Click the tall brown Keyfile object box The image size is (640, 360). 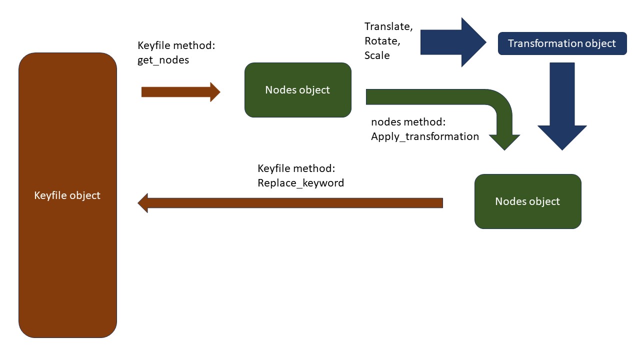(67, 195)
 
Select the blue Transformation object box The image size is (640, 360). (562, 43)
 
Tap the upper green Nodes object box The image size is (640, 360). (298, 90)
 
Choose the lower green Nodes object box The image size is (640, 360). (528, 201)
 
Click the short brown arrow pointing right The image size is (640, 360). (181, 92)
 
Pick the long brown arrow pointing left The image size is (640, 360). (290, 203)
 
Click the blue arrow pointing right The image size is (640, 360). (453, 42)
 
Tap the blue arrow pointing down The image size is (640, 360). (562, 106)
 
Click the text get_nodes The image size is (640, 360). (163, 60)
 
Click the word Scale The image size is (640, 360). (377, 55)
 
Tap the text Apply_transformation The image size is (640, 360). (425, 136)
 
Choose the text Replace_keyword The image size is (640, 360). (300, 183)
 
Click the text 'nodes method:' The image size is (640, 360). (408, 122)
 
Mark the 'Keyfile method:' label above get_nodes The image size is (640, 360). (176, 45)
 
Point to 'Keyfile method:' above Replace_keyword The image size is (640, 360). (296, 168)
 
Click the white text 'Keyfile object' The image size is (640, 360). (67, 195)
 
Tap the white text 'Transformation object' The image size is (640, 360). (561, 43)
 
